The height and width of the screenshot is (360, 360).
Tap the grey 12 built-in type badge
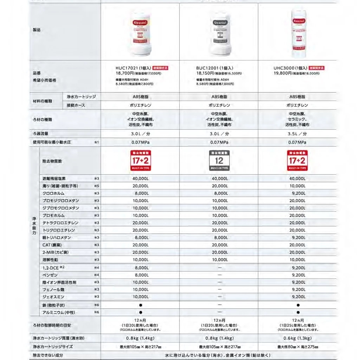coord(219,160)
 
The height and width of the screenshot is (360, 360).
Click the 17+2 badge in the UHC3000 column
coord(297,160)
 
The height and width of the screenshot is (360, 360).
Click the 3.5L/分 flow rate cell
coord(297,134)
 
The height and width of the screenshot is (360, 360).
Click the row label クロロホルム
coord(53,193)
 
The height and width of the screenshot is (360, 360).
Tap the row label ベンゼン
coord(50,275)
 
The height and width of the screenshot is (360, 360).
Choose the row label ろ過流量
coord(40,134)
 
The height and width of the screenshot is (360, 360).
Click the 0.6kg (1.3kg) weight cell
coord(297,338)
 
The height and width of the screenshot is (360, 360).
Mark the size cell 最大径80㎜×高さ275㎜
coord(297,347)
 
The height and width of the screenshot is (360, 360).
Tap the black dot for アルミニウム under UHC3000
coord(297,312)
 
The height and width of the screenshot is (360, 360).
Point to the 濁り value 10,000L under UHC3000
coord(297,186)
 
